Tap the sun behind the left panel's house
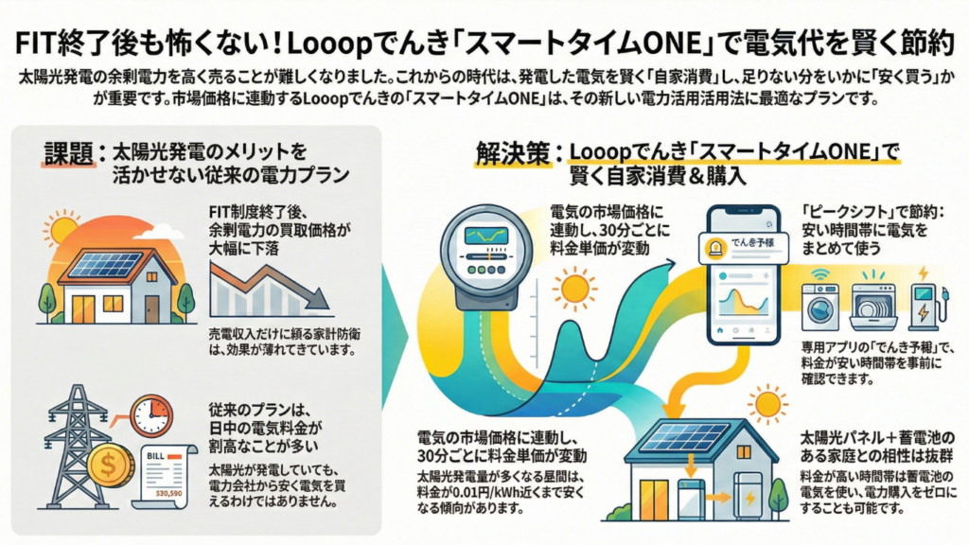click(64, 229)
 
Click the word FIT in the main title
click(35, 44)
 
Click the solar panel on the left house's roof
click(105, 264)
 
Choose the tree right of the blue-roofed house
click(777, 496)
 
